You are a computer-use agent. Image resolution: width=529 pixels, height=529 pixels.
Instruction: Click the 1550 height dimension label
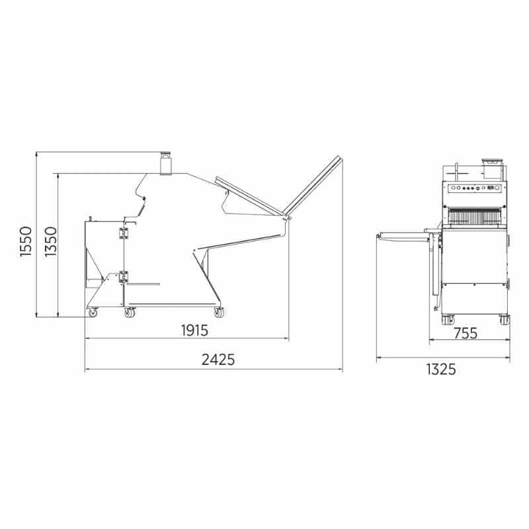pyautogui.click(x=26, y=241)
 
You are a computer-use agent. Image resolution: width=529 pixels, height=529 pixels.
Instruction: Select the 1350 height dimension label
pyautogui.click(x=51, y=241)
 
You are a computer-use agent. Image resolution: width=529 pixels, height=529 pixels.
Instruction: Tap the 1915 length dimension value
pyautogui.click(x=194, y=330)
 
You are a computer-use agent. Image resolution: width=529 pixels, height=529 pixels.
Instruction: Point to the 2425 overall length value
pyautogui.click(x=218, y=360)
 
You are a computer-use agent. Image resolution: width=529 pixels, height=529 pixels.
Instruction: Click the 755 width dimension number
pyautogui.click(x=466, y=333)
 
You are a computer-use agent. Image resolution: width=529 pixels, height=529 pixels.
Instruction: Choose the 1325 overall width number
pyautogui.click(x=441, y=370)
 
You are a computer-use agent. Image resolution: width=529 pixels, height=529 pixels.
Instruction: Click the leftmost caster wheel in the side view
pyautogui.click(x=93, y=313)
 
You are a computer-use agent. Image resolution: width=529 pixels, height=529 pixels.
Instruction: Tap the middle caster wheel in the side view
pyautogui.click(x=129, y=313)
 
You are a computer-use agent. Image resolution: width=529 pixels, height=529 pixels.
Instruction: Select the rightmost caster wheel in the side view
pyautogui.click(x=219, y=313)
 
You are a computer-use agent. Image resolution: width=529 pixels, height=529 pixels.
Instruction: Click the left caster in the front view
pyautogui.click(x=448, y=319)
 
